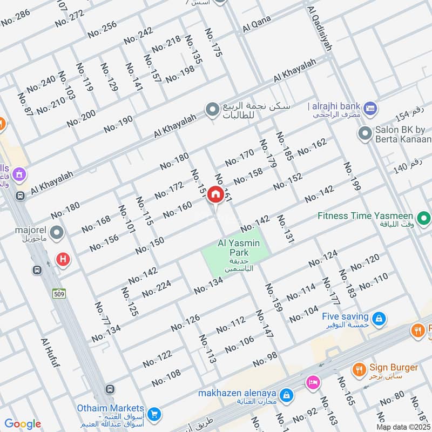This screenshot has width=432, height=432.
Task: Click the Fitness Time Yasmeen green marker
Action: (x=424, y=219)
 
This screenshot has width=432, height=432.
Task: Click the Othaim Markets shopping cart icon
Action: (x=154, y=414)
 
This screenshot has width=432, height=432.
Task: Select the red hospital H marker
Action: (x=63, y=260)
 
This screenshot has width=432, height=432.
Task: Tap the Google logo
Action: (x=23, y=424)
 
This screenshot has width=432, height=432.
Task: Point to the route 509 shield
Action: (x=59, y=293)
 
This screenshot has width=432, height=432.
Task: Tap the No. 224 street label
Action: (x=156, y=288)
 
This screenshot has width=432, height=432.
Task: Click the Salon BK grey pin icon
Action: (x=364, y=132)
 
